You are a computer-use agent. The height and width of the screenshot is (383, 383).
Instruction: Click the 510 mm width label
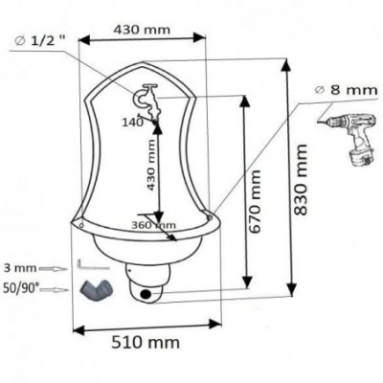[x=146, y=343]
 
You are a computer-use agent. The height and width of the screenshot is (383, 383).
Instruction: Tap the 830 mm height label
[x=300, y=179]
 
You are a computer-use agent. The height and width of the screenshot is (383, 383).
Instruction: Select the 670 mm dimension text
[x=255, y=202]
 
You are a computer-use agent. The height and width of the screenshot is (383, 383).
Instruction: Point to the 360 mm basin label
[x=153, y=225]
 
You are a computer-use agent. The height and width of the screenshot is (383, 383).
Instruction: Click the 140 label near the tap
[x=132, y=123]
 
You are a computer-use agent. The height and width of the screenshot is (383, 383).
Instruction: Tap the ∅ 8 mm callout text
[x=346, y=90]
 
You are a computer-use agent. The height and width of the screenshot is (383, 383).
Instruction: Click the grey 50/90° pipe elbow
[x=95, y=289]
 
